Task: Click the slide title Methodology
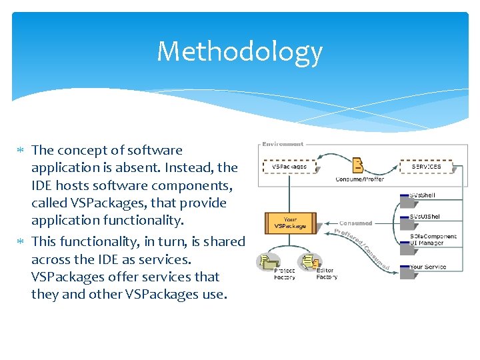coord(239,51)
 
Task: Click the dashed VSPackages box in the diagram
coord(290,166)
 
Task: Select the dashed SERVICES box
coord(426,166)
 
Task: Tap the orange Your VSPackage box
coord(290,223)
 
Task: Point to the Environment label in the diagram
coord(283,143)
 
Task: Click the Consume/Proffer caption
coord(359,179)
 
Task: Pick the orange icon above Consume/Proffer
coord(359,165)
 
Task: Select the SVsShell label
coord(423,195)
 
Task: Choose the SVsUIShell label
coord(425,217)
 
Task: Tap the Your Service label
coord(428,267)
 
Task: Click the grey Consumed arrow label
coord(356,223)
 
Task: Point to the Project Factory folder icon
coord(271,261)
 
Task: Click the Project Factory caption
coord(285,274)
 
